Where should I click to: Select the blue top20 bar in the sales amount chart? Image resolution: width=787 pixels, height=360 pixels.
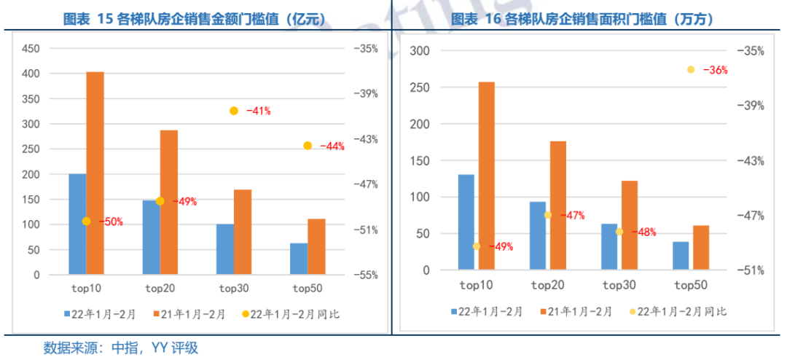[151, 238]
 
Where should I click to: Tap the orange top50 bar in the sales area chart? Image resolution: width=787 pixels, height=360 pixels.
[701, 248]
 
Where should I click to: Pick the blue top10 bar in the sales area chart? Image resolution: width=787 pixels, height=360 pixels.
[466, 222]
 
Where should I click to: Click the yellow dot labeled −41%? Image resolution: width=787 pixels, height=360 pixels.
[234, 111]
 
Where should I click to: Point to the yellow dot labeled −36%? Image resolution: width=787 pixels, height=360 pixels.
[690, 69]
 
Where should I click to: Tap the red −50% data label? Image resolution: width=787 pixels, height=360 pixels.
[111, 222]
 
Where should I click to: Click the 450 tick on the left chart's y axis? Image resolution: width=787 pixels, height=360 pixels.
[30, 49]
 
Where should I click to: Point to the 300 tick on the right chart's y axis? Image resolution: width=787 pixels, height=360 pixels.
[420, 50]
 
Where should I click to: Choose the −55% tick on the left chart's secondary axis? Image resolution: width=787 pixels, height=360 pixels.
[366, 275]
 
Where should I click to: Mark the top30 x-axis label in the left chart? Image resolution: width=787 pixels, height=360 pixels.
[234, 289]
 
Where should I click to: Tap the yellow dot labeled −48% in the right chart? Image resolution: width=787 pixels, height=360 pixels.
[619, 232]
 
